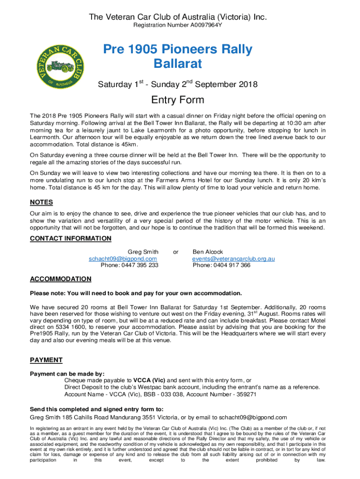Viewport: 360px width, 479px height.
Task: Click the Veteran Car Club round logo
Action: (x=57, y=66)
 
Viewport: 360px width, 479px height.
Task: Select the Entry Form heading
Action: (x=177, y=100)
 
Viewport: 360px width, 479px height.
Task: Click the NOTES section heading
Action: (x=41, y=203)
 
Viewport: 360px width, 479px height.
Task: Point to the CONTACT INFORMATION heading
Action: (x=71, y=239)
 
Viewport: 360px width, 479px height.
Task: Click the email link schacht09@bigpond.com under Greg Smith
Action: (x=123, y=259)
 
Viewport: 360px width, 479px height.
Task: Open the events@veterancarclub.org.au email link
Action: (x=233, y=259)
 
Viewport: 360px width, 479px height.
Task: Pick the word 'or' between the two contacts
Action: (x=176, y=252)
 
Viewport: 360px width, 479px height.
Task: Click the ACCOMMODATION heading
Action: (x=61, y=279)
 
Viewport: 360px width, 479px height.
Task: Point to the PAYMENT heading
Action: (x=46, y=360)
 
